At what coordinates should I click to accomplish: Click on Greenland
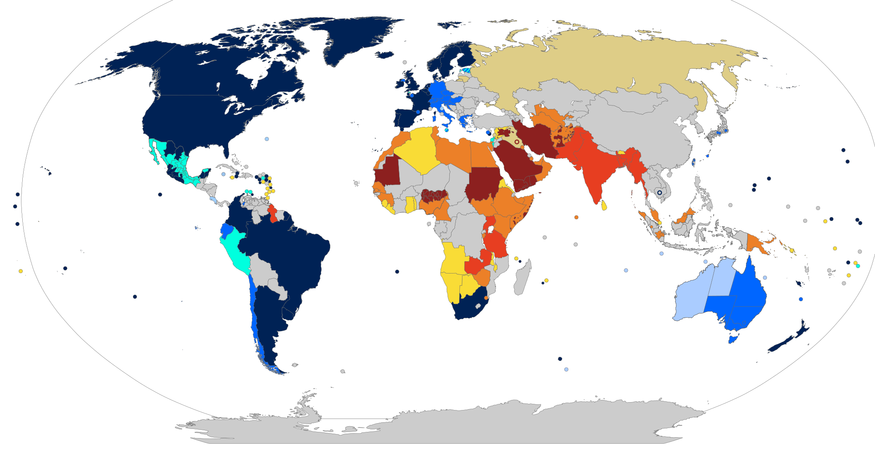pyautogui.click(x=350, y=39)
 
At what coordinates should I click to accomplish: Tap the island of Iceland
pyautogui.click(x=385, y=55)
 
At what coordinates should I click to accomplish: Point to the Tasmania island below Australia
pyautogui.click(x=733, y=338)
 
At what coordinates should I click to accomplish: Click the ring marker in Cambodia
pyautogui.click(x=659, y=193)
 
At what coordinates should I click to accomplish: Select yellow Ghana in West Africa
pyautogui.click(x=410, y=204)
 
